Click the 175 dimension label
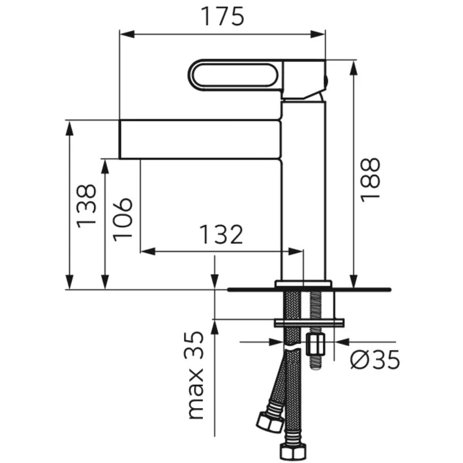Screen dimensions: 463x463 (222, 16)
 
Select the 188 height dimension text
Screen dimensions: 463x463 (370, 181)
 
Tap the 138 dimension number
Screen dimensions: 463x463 (87, 206)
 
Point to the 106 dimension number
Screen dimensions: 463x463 (123, 219)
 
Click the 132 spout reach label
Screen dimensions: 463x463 (221, 235)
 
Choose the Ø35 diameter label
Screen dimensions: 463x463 (375, 359)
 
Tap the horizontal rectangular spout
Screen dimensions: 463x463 (200, 139)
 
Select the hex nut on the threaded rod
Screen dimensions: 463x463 (315, 344)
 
